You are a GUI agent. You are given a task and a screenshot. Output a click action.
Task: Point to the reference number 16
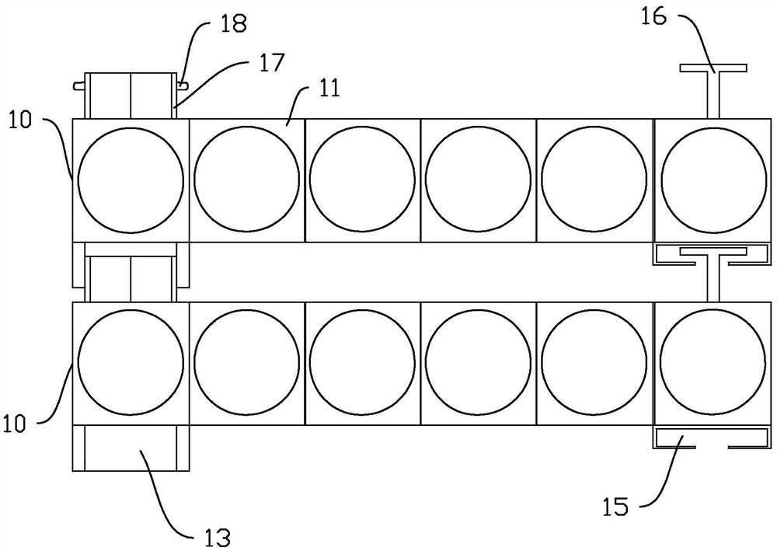[654, 17]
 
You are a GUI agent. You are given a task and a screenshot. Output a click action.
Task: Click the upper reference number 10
[23, 120]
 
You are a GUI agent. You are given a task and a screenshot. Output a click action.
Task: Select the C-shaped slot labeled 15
[712, 439]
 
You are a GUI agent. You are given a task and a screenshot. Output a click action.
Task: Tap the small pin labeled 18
[181, 82]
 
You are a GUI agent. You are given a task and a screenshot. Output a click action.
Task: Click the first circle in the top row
[131, 180]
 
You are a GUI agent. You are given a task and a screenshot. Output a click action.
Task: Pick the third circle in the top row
[362, 180]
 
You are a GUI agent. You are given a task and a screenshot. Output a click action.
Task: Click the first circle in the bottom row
[131, 363]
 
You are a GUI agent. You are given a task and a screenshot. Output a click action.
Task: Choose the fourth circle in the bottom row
[478, 363]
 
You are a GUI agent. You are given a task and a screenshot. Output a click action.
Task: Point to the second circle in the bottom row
[246, 363]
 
